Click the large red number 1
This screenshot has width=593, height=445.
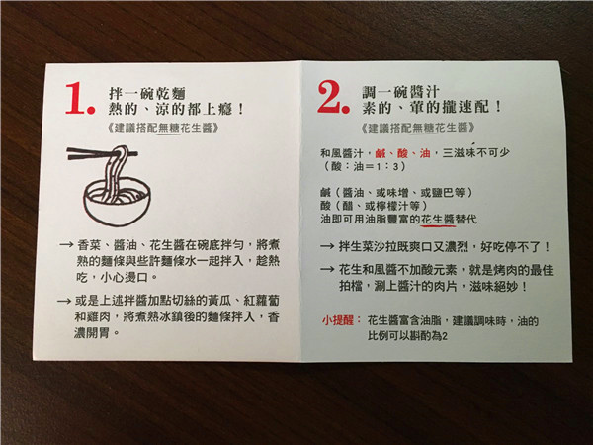pyautogui.click(x=77, y=98)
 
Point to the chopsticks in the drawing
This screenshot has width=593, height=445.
pyautogui.click(x=102, y=153)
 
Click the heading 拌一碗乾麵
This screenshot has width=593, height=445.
pyautogui.click(x=147, y=94)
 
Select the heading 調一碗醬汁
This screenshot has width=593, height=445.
pyautogui.click(x=400, y=92)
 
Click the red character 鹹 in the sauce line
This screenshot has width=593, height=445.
pyautogui.click(x=381, y=153)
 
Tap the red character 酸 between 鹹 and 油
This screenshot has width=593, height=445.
pyautogui.click(x=403, y=153)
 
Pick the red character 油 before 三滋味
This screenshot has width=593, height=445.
pyautogui.click(x=425, y=153)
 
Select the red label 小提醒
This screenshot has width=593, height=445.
pyautogui.click(x=338, y=320)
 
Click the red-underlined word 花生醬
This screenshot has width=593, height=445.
pyautogui.click(x=438, y=219)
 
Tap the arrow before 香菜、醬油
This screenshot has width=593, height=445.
pyautogui.click(x=66, y=245)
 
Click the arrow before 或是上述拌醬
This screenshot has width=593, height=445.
pyautogui.click(x=64, y=302)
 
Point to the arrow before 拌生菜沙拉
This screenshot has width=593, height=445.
pyautogui.click(x=327, y=247)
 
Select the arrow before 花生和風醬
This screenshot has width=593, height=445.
pyautogui.click(x=327, y=270)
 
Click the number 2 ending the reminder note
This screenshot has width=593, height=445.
pyautogui.click(x=445, y=336)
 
